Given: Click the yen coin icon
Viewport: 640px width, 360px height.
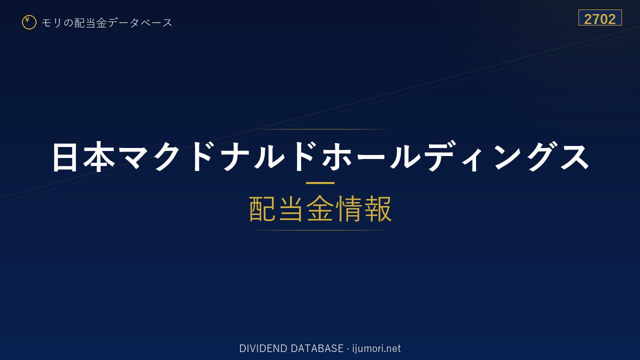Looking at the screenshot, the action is [29, 22].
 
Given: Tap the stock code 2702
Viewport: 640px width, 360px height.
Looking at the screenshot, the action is [599, 19].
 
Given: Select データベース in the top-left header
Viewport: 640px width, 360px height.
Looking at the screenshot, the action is [140, 22].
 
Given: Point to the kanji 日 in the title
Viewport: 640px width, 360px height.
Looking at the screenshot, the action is [64, 157].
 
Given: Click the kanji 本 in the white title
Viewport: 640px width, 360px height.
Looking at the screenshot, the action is [99, 157].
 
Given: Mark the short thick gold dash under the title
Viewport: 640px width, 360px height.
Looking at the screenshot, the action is [320, 183].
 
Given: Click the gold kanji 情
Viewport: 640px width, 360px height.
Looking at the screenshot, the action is [348, 208].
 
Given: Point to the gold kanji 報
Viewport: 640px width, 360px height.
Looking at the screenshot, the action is [377, 208].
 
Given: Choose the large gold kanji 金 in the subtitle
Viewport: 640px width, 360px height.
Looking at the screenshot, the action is [320, 208].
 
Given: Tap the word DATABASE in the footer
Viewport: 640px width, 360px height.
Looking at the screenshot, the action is [317, 348].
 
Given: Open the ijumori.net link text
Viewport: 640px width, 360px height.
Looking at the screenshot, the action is [376, 349].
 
